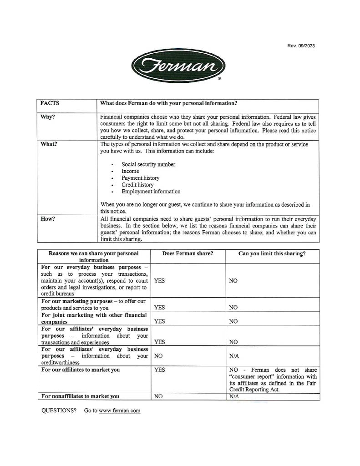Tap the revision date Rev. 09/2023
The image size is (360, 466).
301,46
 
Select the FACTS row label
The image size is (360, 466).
50,103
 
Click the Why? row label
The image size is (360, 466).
48,117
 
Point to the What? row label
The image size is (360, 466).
49,144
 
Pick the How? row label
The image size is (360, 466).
48,219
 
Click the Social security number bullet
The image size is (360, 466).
148,164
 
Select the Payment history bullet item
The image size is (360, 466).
140,178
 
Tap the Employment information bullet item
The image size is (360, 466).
151,192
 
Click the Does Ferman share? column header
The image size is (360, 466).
188,253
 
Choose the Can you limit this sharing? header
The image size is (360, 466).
272,253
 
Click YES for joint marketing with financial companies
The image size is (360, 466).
159,321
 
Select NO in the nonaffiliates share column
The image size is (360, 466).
158,396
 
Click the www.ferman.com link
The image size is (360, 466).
119,410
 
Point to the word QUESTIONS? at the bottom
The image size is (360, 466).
59,410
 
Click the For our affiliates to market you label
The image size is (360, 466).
81,370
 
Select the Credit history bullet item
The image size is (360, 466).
137,185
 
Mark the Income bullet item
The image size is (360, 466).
130,171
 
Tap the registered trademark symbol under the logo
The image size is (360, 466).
219,79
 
